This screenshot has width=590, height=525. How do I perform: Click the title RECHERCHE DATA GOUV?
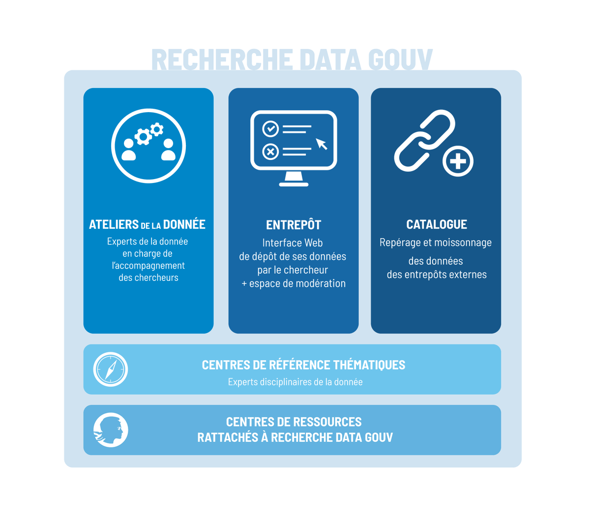[x=292, y=60]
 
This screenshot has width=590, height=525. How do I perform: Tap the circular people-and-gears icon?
[x=148, y=146]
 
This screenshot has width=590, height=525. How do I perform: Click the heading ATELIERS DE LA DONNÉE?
[x=147, y=224]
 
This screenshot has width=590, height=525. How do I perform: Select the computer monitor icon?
[x=294, y=148]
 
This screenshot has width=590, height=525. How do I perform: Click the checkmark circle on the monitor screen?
[x=270, y=129]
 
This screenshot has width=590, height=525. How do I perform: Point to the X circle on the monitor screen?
[x=270, y=152]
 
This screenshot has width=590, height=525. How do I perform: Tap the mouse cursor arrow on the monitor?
[x=322, y=144]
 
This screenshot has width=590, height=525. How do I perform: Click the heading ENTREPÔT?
[x=294, y=225]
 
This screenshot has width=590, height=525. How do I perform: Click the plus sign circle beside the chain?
[x=458, y=161]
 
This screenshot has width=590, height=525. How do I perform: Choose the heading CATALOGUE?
[x=437, y=224]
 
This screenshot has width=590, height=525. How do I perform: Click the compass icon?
[x=111, y=369]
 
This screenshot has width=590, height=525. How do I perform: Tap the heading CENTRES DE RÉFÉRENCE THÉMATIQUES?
[x=303, y=365]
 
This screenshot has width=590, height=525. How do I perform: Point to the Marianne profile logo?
[x=111, y=430]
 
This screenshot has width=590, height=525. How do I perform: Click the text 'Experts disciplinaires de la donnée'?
[x=295, y=382]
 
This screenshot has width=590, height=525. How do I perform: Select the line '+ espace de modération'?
[x=294, y=283]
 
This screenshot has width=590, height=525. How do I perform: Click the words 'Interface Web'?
[x=293, y=243]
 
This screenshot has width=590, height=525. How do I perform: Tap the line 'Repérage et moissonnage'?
[x=436, y=243]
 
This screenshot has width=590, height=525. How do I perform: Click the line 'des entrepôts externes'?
[x=437, y=275]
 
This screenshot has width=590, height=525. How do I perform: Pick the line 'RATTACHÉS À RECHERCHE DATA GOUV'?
[x=295, y=437]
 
